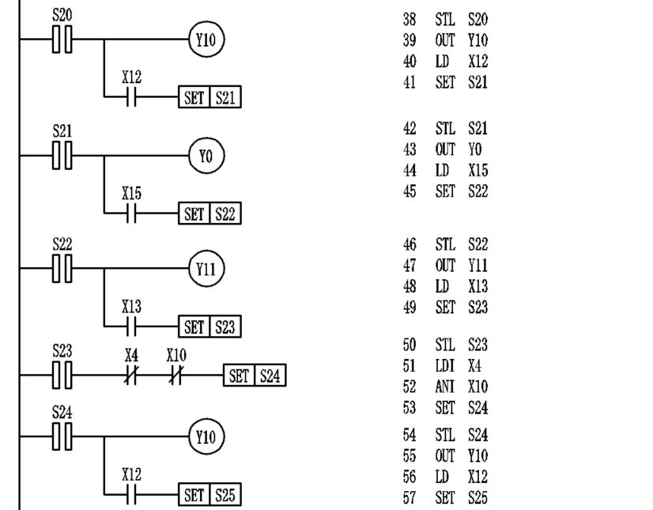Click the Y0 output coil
tap(206, 157)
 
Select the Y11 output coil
tap(206, 269)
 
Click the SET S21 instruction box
tap(209, 98)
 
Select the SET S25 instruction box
tap(209, 496)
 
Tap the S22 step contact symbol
tap(62, 269)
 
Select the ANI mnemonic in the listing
tap(445, 387)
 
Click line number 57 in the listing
tap(410, 498)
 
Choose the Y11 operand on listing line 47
tap(478, 266)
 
